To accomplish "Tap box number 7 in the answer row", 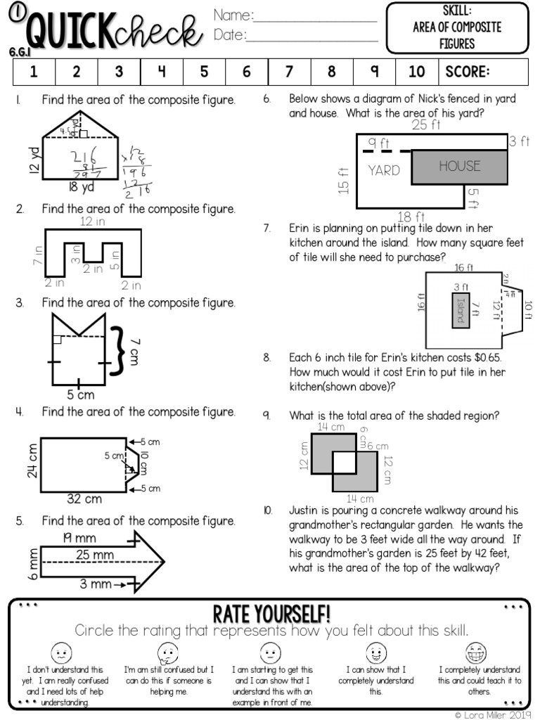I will [x=289, y=72].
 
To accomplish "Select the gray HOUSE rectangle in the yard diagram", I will [x=459, y=167].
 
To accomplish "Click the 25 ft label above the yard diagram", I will [x=426, y=126].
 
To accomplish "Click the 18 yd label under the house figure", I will [x=82, y=187].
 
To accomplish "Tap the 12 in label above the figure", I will [x=93, y=222].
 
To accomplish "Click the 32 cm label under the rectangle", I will [x=84, y=499].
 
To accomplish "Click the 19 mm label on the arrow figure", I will [x=77, y=538].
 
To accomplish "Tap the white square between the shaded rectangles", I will [x=345, y=462].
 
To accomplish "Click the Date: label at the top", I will [x=230, y=35].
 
